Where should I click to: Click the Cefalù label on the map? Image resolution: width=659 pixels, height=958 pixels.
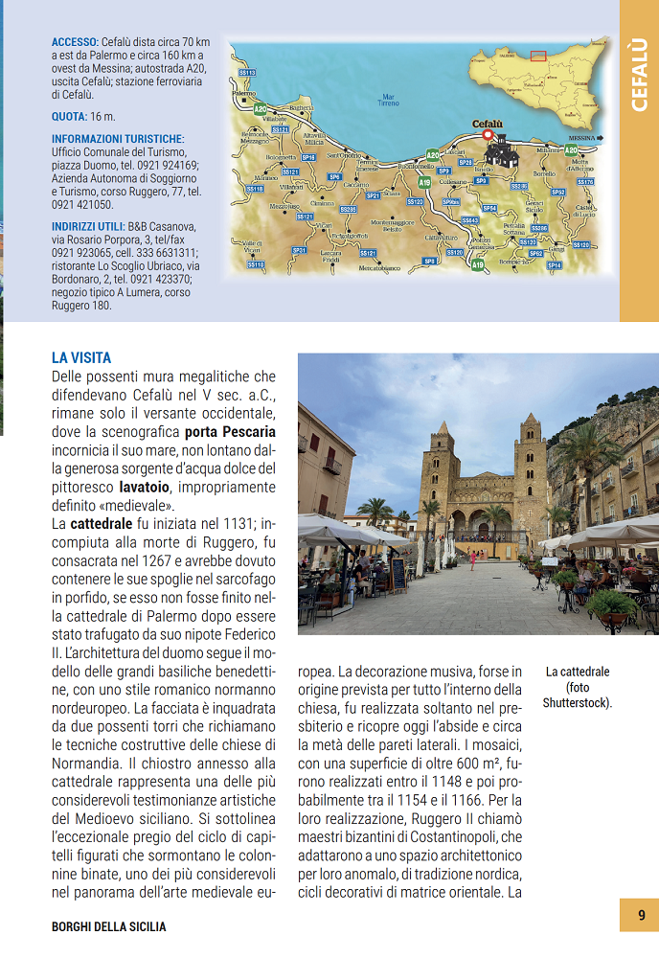(x=489, y=124)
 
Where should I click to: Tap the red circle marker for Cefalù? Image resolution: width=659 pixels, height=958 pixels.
(x=487, y=136)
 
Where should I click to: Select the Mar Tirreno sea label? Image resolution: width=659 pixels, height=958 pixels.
(x=388, y=99)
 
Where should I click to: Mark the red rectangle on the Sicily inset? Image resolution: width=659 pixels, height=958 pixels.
(x=538, y=56)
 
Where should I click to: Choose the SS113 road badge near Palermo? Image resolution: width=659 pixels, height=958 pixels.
(x=247, y=72)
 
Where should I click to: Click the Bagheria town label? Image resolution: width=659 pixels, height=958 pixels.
(x=301, y=108)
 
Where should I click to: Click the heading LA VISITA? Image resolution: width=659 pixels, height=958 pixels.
(x=81, y=357)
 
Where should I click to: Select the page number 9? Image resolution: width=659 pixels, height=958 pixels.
(x=641, y=916)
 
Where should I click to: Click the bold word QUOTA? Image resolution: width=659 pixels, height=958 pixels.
(x=71, y=117)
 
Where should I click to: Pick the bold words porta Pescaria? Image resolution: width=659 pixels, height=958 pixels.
(x=230, y=431)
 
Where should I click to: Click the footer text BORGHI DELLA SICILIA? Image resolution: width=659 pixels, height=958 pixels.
(x=108, y=926)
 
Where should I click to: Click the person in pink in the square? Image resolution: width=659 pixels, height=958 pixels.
(x=471, y=559)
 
